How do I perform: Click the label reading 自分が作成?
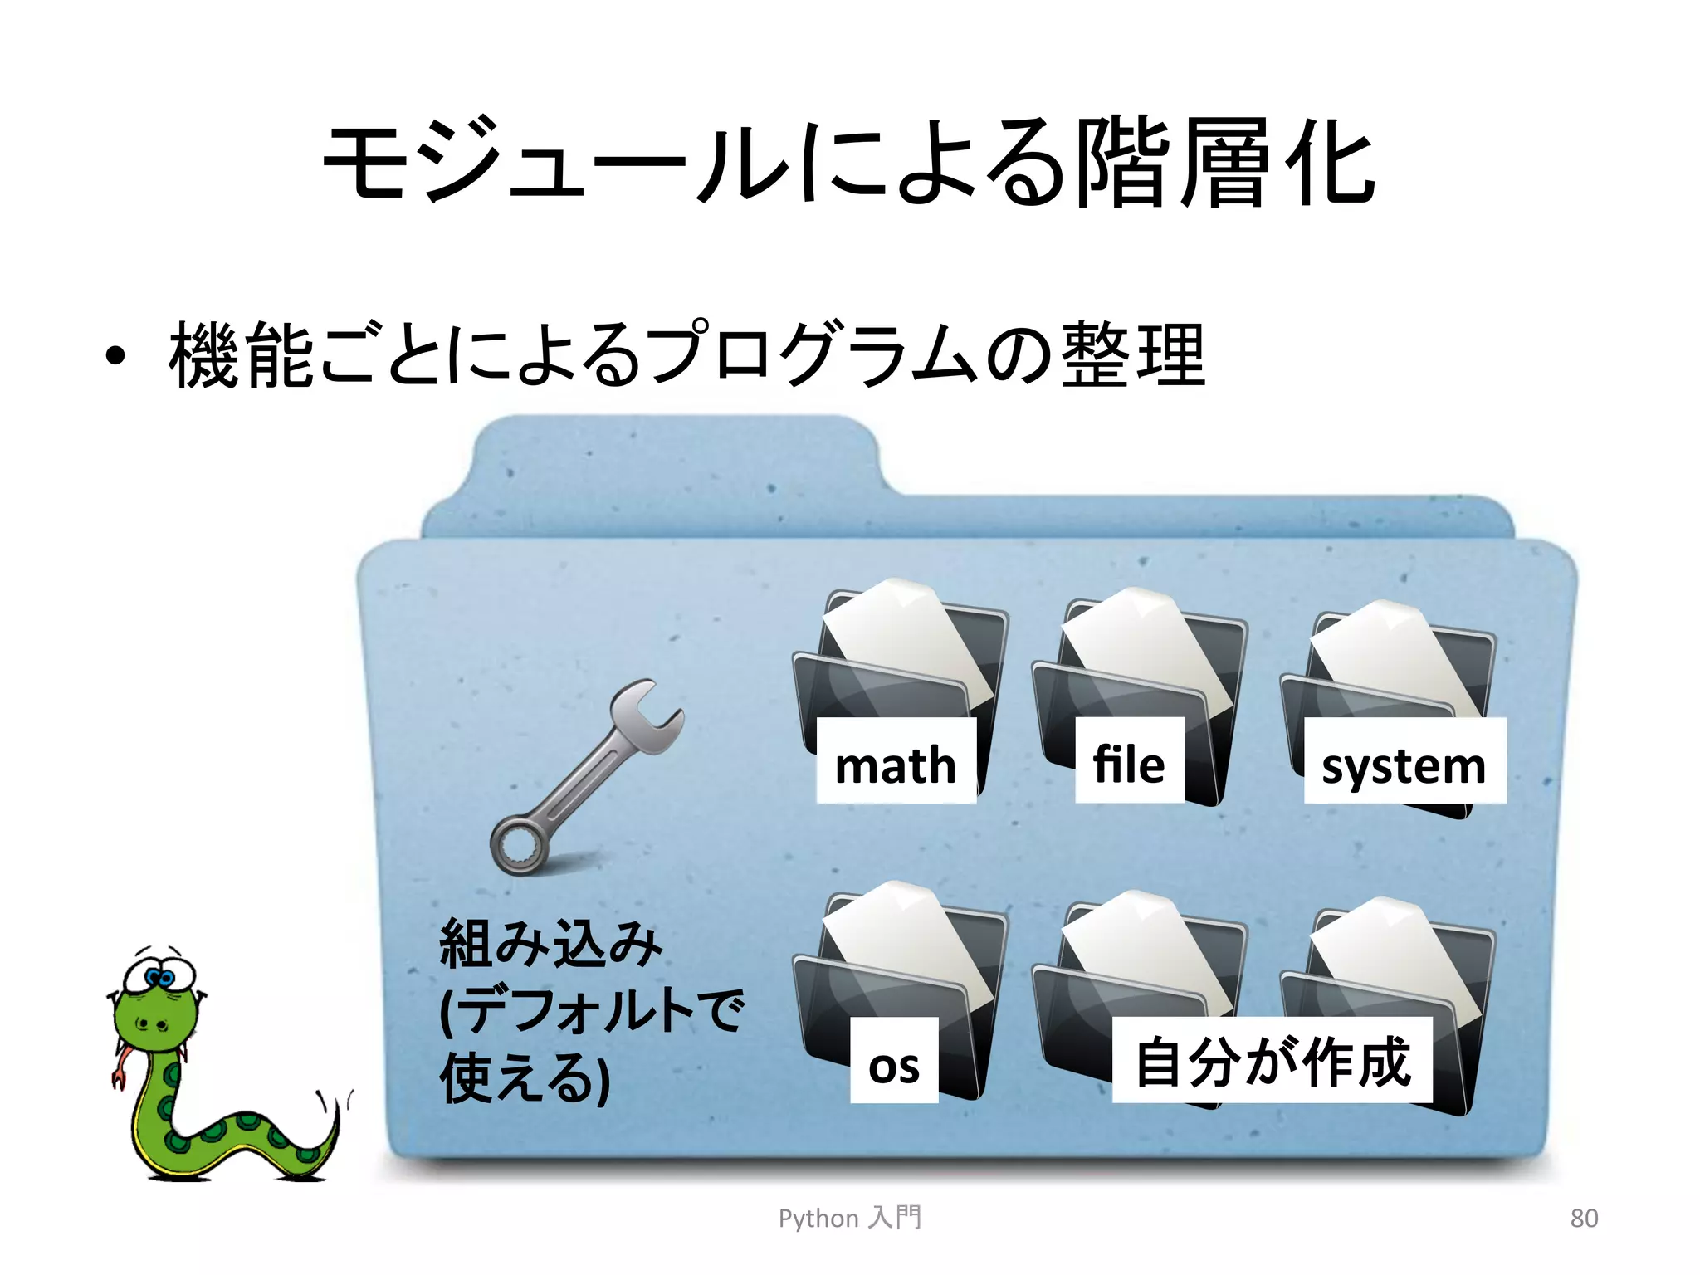[x=1273, y=1061]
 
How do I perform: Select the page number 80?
[x=1584, y=1218]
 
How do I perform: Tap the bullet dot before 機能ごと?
[x=115, y=356]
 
